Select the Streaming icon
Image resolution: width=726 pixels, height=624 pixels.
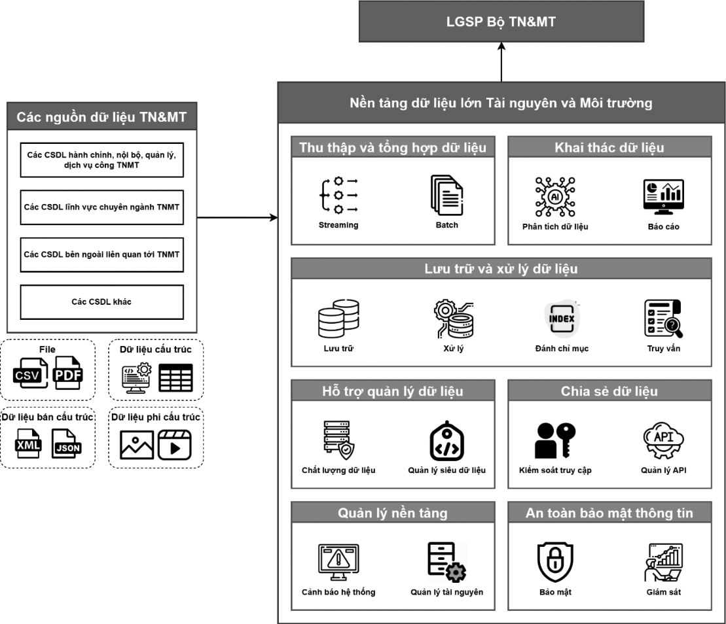point(338,194)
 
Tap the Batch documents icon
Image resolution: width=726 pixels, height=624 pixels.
point(446,194)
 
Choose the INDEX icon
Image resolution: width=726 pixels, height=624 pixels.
point(561,319)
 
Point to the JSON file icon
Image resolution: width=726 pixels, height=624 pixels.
point(67,445)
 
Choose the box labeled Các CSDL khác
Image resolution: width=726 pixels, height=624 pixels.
point(101,302)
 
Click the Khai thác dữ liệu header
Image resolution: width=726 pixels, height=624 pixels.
point(609,147)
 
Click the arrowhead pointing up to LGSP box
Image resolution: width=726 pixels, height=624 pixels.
point(501,48)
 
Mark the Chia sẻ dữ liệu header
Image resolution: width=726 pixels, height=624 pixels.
point(609,392)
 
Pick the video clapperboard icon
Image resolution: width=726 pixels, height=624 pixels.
point(174,445)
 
